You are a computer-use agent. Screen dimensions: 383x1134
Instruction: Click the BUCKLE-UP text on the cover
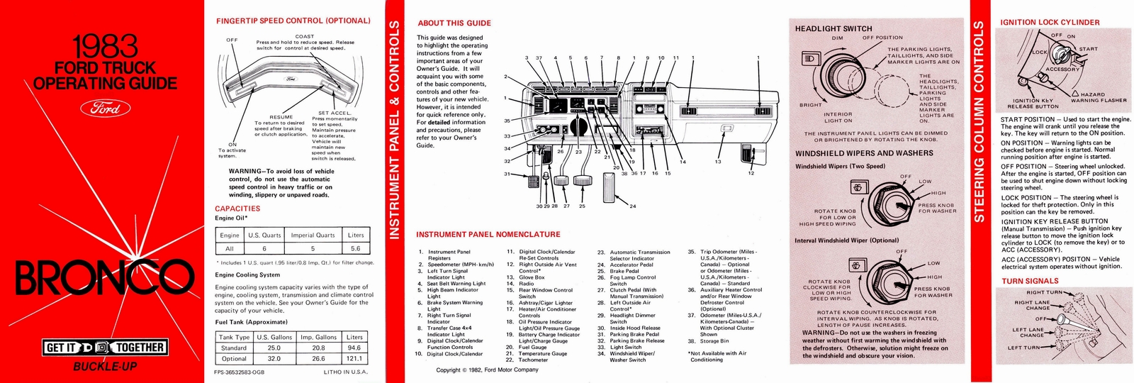105,367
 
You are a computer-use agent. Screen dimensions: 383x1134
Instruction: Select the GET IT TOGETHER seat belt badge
105,348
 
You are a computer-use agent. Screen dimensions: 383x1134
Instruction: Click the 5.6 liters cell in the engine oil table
355,248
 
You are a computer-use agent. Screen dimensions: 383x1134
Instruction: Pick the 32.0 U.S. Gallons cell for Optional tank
274,359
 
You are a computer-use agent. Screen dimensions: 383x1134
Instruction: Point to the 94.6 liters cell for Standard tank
354,348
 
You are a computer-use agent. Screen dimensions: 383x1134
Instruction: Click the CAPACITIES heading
237,209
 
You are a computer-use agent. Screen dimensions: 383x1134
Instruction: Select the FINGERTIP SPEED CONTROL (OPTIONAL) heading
293,21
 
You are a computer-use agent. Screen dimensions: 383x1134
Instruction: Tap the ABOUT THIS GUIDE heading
454,23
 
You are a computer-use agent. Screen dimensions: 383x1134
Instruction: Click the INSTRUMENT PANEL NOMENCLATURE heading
488,235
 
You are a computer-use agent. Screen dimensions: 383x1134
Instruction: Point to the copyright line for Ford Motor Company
487,370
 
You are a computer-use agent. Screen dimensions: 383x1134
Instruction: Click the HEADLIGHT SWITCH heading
833,29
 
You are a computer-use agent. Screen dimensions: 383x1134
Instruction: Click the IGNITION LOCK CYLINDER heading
1050,22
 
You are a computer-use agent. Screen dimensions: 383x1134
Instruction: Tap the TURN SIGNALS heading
1029,281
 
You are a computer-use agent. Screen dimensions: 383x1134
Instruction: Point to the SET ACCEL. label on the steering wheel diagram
334,113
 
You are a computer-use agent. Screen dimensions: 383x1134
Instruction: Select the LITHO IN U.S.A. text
345,372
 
